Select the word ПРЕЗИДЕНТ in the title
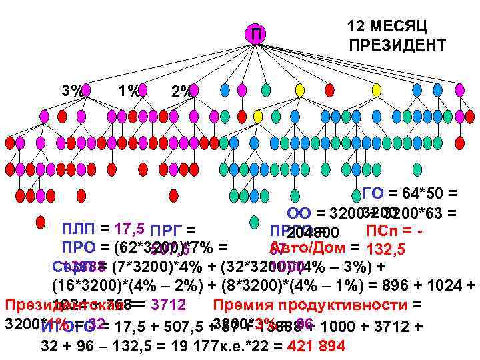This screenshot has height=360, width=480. [x=397, y=45]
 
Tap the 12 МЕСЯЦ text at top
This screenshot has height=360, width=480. [x=387, y=26]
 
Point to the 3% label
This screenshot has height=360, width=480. [x=71, y=90]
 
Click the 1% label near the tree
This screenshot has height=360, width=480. [x=127, y=90]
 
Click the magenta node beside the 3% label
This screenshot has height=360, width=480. [x=86, y=89]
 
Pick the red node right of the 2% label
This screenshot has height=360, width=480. [x=197, y=89]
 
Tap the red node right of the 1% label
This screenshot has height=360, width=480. [x=142, y=89]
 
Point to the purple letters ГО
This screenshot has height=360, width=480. [x=373, y=194]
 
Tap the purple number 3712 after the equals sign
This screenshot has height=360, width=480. [x=168, y=305]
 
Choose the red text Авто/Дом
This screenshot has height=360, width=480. [x=307, y=248]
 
